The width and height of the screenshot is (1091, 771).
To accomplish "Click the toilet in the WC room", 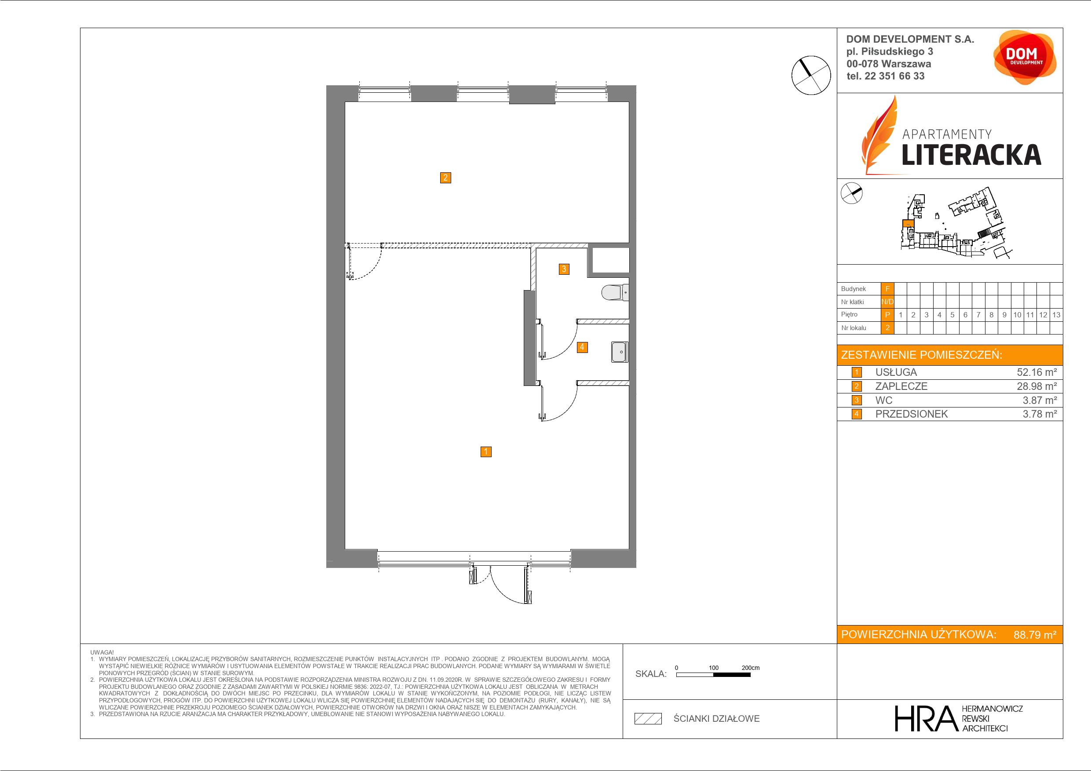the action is click(615, 292).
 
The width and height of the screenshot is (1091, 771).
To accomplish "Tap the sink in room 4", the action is click(620, 352).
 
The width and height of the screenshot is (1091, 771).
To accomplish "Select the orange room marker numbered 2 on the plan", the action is click(445, 178).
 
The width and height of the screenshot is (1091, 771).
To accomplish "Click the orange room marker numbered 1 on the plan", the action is click(485, 451).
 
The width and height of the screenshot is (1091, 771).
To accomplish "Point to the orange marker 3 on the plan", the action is click(564, 269).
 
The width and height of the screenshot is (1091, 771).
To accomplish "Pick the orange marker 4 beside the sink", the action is click(582, 347).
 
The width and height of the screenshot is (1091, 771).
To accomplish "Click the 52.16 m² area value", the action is click(1036, 372).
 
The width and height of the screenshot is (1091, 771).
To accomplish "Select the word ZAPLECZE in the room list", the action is click(901, 386).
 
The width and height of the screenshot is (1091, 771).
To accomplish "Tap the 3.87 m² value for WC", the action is click(1040, 400).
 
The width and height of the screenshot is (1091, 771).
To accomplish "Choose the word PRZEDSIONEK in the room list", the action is click(912, 414).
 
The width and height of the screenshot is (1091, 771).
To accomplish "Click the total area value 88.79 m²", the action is click(1035, 635).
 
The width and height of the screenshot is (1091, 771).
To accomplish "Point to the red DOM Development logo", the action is click(1025, 57).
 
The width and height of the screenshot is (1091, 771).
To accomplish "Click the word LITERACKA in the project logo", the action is click(971, 155).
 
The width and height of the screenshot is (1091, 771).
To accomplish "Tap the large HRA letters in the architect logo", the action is click(925, 718).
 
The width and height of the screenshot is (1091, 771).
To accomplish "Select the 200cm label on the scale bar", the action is click(750, 667).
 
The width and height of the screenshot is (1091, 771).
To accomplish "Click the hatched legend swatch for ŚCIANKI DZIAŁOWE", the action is click(648, 718).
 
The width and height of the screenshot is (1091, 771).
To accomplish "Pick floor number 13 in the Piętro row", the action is click(1056, 314).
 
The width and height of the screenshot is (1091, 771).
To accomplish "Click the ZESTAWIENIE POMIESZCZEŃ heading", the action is click(921, 355).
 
